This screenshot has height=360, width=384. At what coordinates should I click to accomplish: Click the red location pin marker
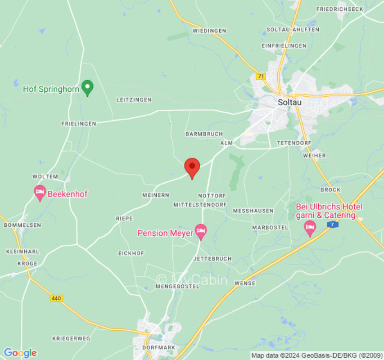(192, 167)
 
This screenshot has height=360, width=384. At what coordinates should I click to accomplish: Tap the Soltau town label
(289, 102)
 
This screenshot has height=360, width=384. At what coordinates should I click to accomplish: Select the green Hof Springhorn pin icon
(87, 87)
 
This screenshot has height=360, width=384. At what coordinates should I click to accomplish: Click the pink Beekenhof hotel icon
(40, 193)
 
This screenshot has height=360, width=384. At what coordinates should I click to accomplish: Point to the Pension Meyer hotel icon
(200, 231)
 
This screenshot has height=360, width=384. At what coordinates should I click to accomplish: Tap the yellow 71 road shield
(260, 76)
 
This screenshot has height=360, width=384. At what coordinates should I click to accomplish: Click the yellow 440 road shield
(56, 298)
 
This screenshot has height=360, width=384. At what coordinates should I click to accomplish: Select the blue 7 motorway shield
(332, 224)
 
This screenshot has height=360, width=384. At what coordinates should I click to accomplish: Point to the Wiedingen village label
(209, 31)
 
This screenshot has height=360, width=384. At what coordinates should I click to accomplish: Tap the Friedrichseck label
(339, 9)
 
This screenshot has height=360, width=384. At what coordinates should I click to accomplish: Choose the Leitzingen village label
(134, 99)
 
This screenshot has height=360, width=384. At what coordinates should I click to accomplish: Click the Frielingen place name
(78, 123)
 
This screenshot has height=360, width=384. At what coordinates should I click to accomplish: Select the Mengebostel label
(177, 286)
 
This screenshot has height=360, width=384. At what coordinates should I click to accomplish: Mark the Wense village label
(245, 283)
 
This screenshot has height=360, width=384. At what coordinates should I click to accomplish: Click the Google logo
(20, 353)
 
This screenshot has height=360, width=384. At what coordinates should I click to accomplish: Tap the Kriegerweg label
(71, 338)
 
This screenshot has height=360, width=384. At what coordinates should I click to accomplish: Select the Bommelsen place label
(23, 225)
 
